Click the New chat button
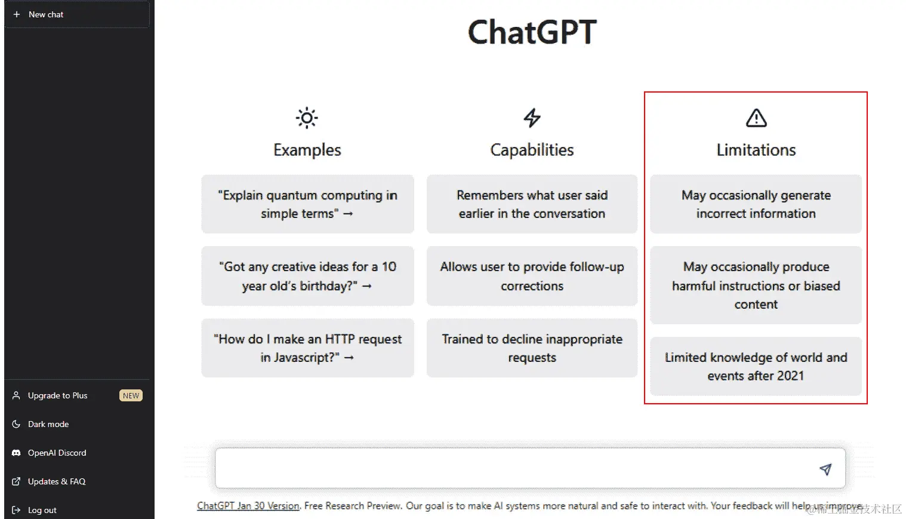pyautogui.click(x=46, y=14)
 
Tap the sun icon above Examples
pyautogui.click(x=307, y=118)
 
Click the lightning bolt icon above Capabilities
pyautogui.click(x=532, y=118)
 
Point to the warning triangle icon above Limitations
pyautogui.click(x=756, y=118)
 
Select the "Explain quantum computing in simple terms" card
pyautogui.click(x=307, y=204)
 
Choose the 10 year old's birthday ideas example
pyautogui.click(x=307, y=276)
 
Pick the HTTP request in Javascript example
pyautogui.click(x=307, y=348)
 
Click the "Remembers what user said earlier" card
pyautogui.click(x=532, y=204)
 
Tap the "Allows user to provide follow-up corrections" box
pyautogui.click(x=532, y=276)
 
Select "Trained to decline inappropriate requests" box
pyautogui.click(x=532, y=348)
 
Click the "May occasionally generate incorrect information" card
pyautogui.click(x=756, y=204)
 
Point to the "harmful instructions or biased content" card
pyautogui.click(x=756, y=285)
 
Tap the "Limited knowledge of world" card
pyautogui.click(x=756, y=366)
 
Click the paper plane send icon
pyautogui.click(x=825, y=469)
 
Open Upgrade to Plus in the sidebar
pyautogui.click(x=57, y=395)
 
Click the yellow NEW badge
pyautogui.click(x=131, y=395)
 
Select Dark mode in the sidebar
pyautogui.click(x=48, y=424)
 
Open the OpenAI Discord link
pyautogui.click(x=57, y=453)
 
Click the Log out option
pyautogui.click(x=42, y=510)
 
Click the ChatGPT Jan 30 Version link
pyautogui.click(x=248, y=506)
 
